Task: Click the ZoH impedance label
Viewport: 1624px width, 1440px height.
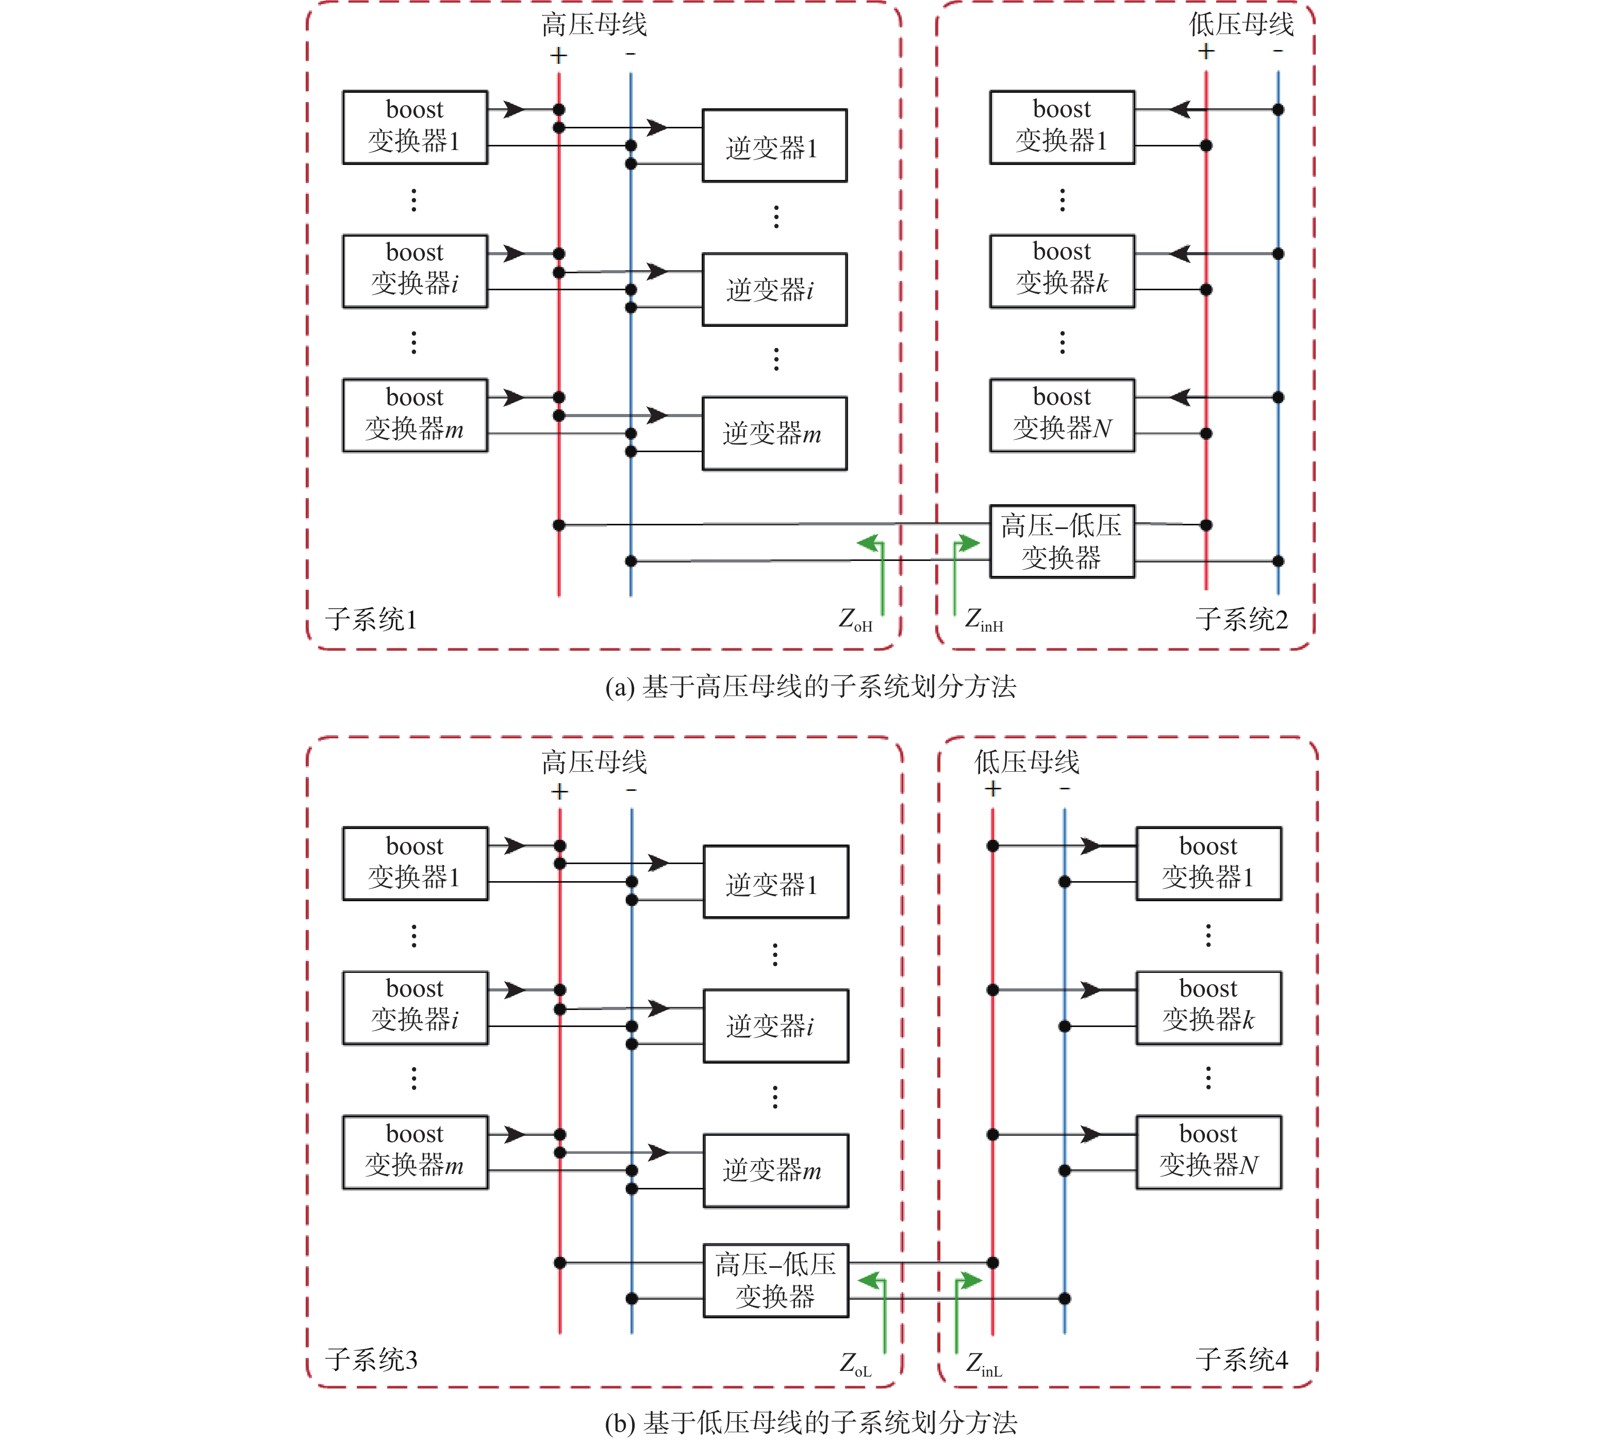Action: pos(855,620)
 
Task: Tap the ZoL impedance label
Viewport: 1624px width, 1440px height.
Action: pos(855,1364)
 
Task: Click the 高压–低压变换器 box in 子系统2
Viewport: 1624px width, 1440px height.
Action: pos(1062,541)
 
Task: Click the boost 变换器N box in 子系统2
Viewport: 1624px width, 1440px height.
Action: pos(1062,415)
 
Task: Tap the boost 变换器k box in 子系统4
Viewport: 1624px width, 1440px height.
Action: pos(1208,1007)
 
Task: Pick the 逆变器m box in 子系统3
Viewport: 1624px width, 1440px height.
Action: pos(775,1170)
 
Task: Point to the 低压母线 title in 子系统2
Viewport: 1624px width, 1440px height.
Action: pos(1241,24)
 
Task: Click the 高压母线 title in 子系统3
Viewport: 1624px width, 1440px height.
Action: pos(594,762)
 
